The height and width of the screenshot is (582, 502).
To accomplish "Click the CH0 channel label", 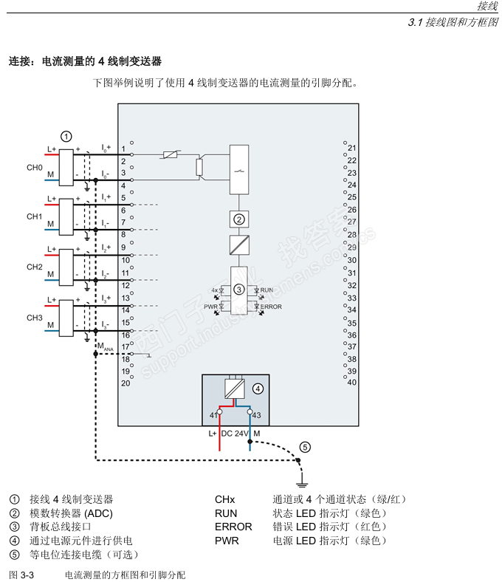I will [x=35, y=168].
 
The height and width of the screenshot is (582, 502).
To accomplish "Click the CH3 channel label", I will [x=35, y=317].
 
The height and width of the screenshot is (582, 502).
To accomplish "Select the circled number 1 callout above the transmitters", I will [x=66, y=136].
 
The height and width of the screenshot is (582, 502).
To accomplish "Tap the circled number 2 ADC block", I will [x=238, y=219].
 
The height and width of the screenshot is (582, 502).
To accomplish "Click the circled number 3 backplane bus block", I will [x=238, y=290].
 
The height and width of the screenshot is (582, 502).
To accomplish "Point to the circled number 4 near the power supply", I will [x=258, y=388].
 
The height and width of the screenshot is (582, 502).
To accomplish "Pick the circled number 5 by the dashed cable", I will [x=305, y=447].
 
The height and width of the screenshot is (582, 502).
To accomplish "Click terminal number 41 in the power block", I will [x=213, y=415].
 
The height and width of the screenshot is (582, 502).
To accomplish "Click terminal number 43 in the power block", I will [x=256, y=415].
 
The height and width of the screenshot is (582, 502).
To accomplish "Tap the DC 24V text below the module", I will [x=235, y=434].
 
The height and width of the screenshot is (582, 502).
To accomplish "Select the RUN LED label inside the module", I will [x=267, y=290].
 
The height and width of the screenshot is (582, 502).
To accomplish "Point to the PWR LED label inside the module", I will [x=210, y=306].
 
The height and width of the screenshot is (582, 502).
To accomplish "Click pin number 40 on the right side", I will [x=351, y=383].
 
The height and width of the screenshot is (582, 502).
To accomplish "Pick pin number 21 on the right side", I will [x=351, y=148].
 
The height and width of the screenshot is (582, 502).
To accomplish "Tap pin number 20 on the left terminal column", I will [x=125, y=383].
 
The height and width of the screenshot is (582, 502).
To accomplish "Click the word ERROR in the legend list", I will [x=233, y=527].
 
